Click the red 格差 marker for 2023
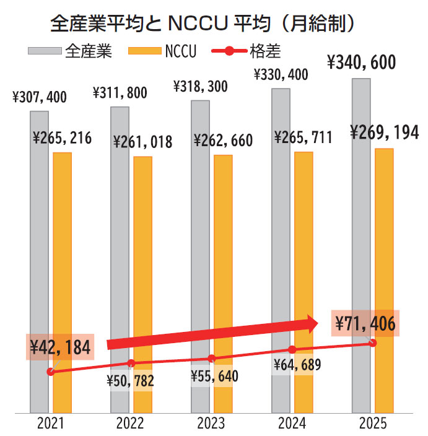pyautogui.click(x=211, y=358)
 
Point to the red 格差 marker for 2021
pyautogui.click(x=50, y=372)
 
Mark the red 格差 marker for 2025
pyautogui.click(x=372, y=342)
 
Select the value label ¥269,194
pyautogui.click(x=383, y=133)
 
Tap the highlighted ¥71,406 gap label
pyautogui.click(x=365, y=323)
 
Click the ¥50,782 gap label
pyautogui.click(x=130, y=380)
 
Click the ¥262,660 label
pyautogui.click(x=223, y=141)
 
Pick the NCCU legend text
pyautogui.click(x=181, y=52)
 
